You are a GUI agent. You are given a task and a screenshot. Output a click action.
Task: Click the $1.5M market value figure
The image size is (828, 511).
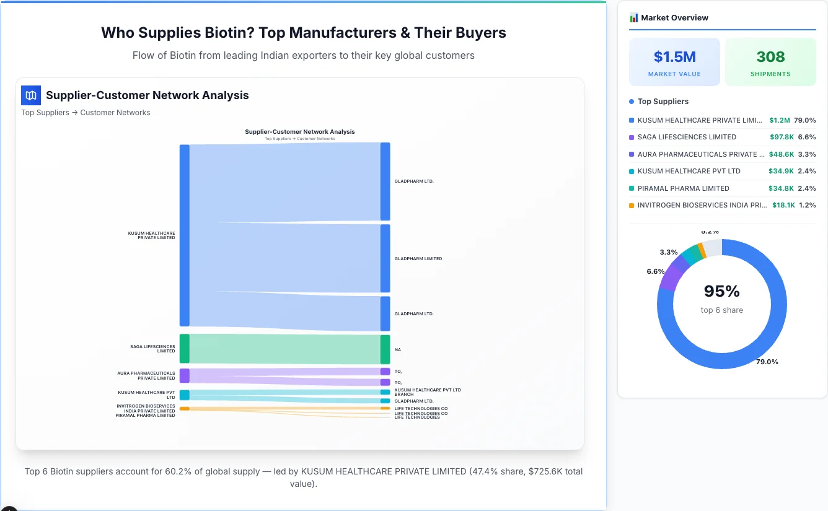click(674, 57)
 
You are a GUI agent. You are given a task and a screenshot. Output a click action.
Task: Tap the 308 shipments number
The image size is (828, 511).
click(770, 57)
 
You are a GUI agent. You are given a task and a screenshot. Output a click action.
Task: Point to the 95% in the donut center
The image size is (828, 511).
click(721, 291)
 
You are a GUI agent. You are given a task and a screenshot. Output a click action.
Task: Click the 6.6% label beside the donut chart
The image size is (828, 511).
click(655, 271)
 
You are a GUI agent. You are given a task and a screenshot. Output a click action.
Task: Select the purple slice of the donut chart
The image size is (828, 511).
click(673, 272)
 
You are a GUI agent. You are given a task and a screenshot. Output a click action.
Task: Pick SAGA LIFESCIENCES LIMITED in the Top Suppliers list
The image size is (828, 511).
click(687, 137)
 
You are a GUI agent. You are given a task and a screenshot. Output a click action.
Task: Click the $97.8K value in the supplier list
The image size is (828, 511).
click(782, 137)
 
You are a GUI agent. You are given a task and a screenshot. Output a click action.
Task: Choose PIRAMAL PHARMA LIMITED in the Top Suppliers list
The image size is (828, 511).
click(683, 188)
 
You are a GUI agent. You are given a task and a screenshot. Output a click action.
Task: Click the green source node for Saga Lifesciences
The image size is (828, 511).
click(184, 349)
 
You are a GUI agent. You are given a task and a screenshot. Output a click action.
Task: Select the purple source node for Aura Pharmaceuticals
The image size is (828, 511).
click(184, 375)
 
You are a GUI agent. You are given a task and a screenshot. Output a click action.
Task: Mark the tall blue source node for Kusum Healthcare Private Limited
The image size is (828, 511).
click(184, 235)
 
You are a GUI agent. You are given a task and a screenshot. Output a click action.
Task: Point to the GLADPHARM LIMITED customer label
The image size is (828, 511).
click(418, 259)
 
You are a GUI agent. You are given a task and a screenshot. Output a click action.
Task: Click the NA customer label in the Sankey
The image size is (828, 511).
click(398, 350)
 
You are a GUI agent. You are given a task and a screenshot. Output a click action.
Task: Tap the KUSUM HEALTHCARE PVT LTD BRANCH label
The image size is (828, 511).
click(428, 392)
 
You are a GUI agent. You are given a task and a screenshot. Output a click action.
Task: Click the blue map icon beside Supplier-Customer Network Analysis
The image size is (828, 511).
click(30, 95)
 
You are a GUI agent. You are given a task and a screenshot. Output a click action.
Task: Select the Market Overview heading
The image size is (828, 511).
click(674, 18)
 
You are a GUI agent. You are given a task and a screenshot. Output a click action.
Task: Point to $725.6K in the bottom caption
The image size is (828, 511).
click(539, 471)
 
